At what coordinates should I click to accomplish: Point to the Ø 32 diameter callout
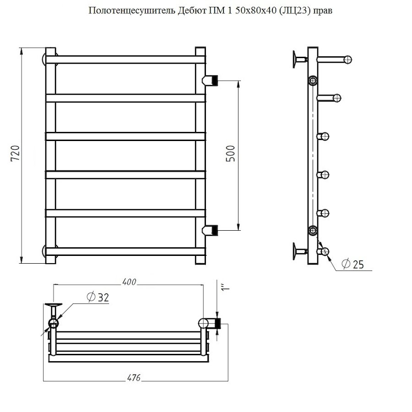pyautogui.click(x=97, y=297)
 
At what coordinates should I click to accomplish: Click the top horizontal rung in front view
pyautogui.click(x=125, y=60)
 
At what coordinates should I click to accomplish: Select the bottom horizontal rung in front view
pyautogui.click(x=125, y=251)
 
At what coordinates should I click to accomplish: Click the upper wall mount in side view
pyautogui.click(x=298, y=59)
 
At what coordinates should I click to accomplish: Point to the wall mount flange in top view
pyautogui.click(x=53, y=305)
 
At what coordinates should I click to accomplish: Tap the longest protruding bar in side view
pyautogui.click(x=334, y=59)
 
